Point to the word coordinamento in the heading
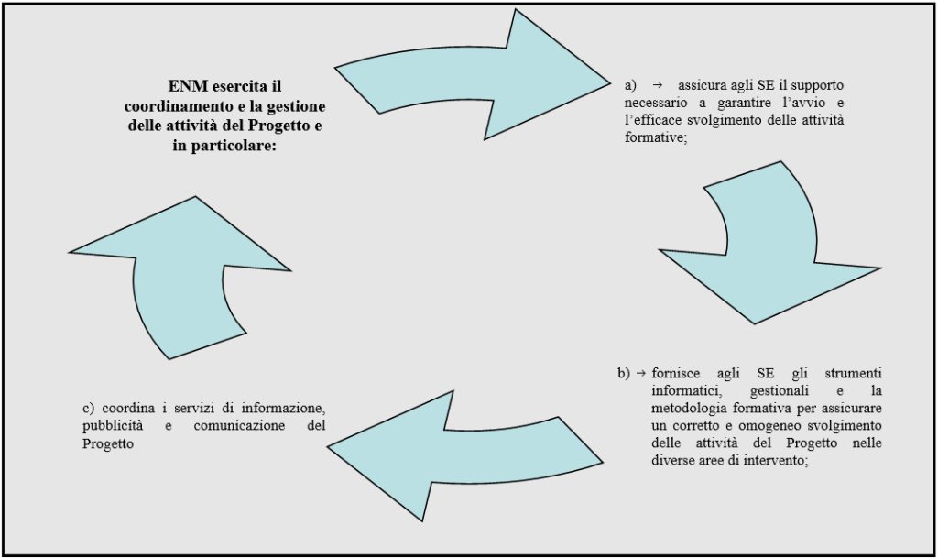tap(173, 106)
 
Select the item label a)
tap(631, 85)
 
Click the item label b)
tap(624, 373)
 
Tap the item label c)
tap(89, 409)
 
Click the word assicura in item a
tap(699, 85)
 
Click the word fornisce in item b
tap(675, 373)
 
